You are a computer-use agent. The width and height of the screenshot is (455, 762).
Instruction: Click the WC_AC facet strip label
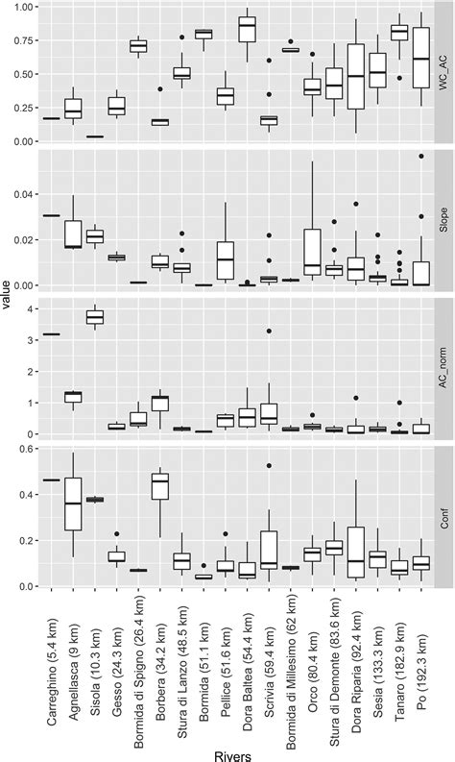click(443, 74)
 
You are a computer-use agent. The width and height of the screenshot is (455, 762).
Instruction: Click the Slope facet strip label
click(443, 220)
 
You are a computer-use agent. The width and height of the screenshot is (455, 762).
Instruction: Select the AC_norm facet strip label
click(443, 366)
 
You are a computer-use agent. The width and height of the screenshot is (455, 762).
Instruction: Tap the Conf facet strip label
click(443, 513)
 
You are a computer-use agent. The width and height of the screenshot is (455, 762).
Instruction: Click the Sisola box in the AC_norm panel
click(94, 316)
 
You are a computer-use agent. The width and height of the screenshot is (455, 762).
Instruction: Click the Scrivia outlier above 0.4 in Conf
click(270, 466)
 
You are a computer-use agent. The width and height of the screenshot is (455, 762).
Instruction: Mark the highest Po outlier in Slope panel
click(419, 156)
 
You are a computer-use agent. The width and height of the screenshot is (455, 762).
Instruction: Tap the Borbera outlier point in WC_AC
click(159, 88)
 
